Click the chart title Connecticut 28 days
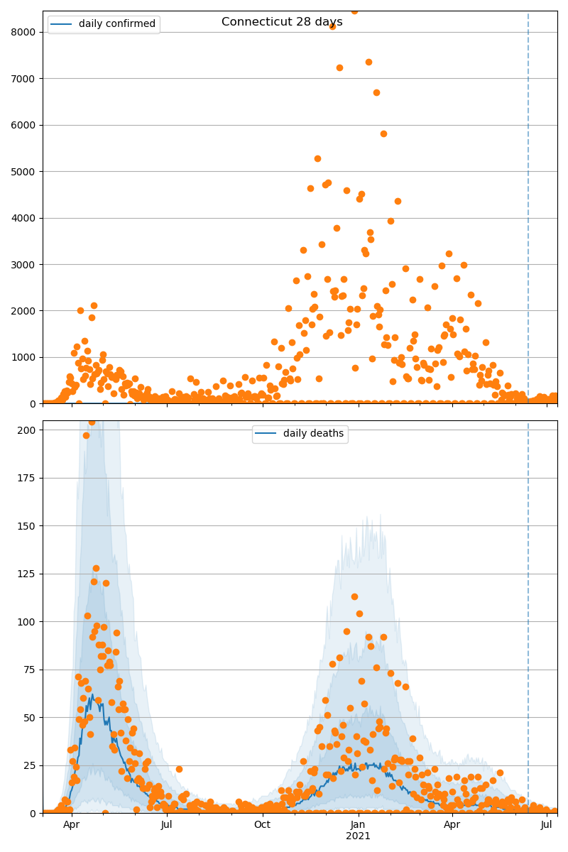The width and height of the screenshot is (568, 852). tap(282, 22)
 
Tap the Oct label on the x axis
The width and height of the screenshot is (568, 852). tap(262, 824)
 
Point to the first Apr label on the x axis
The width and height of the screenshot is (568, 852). tap(71, 824)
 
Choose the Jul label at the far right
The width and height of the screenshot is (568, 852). tap(546, 824)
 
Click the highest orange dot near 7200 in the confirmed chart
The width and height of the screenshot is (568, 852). tap(368, 62)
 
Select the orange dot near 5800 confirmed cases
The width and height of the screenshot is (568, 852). tap(383, 133)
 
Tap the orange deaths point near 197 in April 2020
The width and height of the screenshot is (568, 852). tap(86, 435)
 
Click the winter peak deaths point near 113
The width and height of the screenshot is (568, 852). tap(354, 596)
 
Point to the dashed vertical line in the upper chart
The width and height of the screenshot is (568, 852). tap(528, 213)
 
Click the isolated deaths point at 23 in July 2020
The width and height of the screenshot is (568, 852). tap(179, 769)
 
